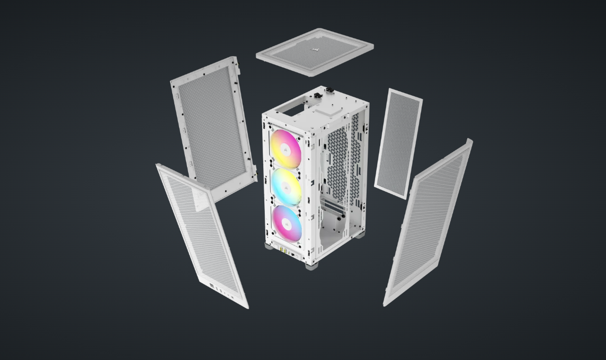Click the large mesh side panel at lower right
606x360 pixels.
coord(428,222)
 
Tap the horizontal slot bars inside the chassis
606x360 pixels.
coord(333,209)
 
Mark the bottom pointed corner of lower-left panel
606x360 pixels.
coord(247,307)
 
